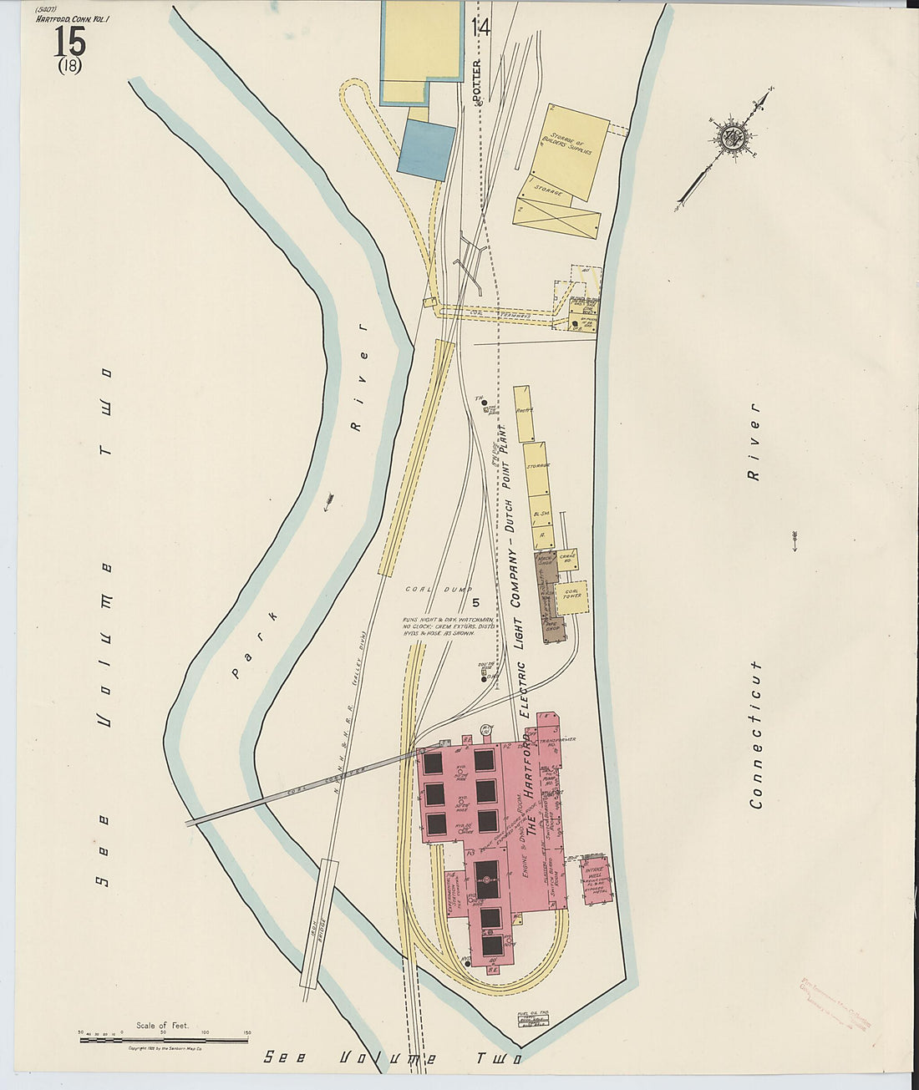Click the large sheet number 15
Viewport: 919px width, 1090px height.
[x=69, y=40]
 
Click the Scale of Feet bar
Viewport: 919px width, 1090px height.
[x=164, y=1039]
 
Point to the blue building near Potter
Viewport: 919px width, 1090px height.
[x=426, y=150]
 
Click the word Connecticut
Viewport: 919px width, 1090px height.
[x=755, y=735]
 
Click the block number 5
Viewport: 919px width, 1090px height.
[x=476, y=602]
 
